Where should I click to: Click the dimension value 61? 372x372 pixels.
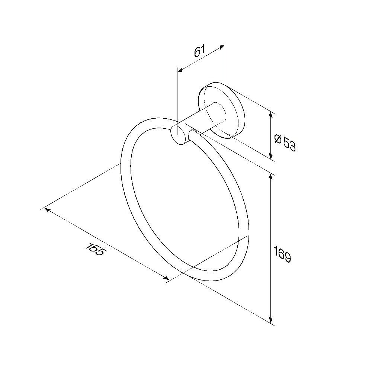199,51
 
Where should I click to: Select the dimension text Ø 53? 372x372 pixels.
285,143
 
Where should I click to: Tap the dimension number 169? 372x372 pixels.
282,254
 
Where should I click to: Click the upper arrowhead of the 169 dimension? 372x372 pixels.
271,177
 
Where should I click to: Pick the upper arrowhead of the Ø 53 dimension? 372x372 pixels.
271,115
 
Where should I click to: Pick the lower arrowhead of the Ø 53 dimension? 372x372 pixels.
271,155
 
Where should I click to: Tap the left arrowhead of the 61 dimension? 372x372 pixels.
180,70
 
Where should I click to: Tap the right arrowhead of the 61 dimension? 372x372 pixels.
222,47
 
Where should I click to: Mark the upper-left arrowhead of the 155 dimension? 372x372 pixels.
47,210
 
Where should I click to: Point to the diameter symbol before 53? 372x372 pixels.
278,139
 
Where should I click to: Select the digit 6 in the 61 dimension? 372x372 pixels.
198,53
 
